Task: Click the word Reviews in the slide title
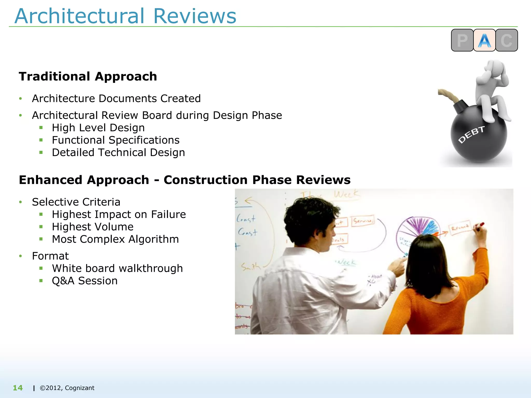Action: pyautogui.click(x=195, y=16)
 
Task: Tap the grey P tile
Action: pyautogui.click(x=462, y=40)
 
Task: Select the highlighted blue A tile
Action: pyautogui.click(x=484, y=40)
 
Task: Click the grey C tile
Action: pyautogui.click(x=506, y=40)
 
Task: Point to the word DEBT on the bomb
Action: pyautogui.click(x=471, y=134)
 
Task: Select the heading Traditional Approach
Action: pyautogui.click(x=88, y=76)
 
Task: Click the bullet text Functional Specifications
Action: pyautogui.click(x=116, y=140)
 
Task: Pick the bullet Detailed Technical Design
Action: pyautogui.click(x=118, y=153)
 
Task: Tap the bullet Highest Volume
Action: pyautogui.click(x=93, y=227)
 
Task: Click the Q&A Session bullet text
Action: pyautogui.click(x=85, y=281)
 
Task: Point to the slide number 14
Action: pyautogui.click(x=18, y=388)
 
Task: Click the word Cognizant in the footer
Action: pyautogui.click(x=80, y=388)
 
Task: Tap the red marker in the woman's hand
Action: pyautogui.click(x=479, y=225)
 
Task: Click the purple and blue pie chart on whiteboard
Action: pyautogui.click(x=417, y=228)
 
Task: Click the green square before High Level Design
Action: pyautogui.click(x=41, y=127)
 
